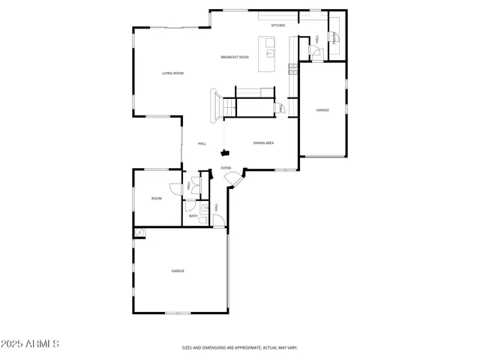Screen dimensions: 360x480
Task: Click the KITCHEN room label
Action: point(278,25)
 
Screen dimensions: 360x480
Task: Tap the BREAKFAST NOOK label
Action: point(234,57)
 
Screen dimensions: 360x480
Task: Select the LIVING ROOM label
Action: point(173,73)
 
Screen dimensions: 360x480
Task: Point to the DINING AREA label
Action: point(263,142)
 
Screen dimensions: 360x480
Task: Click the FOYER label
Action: point(226,168)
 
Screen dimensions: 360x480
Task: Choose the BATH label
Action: point(193,216)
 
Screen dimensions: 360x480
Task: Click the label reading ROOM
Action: point(157,199)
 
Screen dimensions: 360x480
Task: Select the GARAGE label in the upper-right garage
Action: point(322,110)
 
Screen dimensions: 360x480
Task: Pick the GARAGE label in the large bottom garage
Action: point(178,271)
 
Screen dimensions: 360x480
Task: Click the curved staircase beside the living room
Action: point(216,104)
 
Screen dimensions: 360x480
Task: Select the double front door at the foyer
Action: point(233,180)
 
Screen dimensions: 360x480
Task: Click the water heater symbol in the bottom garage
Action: point(139,233)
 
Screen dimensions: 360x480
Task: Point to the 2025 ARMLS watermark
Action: point(31,344)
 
